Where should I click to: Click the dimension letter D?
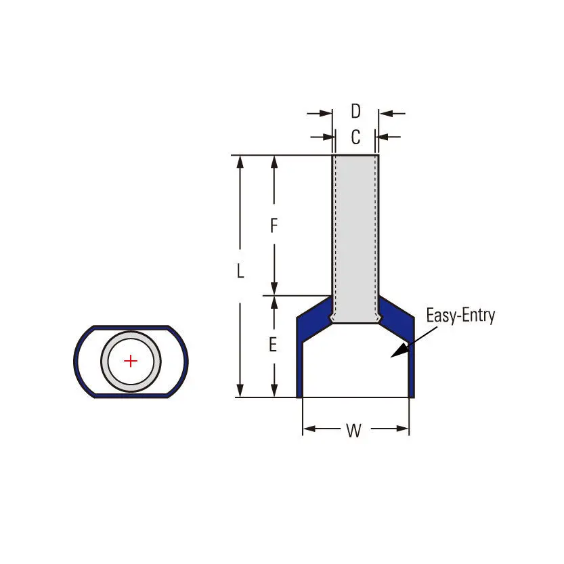point(355,111)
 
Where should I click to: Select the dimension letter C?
point(355,137)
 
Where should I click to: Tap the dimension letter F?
point(274,225)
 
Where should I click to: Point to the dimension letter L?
point(240,271)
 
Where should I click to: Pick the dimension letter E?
point(273,345)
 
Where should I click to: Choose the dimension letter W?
point(354,430)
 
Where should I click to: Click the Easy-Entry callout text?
point(460,316)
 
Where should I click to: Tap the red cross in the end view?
point(131,361)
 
